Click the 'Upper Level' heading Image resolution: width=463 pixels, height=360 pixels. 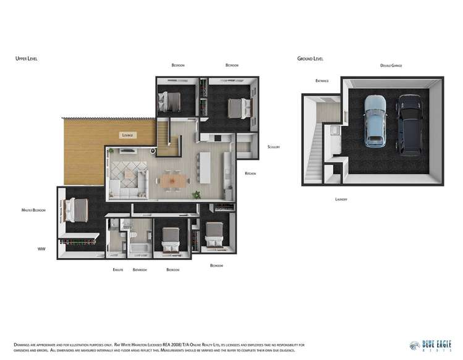(x=27, y=59)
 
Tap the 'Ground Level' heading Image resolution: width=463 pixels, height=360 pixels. (x=310, y=59)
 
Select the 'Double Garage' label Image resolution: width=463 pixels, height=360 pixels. (x=391, y=65)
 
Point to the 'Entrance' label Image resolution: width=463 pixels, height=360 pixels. (x=321, y=81)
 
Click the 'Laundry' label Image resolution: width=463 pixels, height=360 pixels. (x=341, y=199)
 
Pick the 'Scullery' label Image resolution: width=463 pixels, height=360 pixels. (x=274, y=147)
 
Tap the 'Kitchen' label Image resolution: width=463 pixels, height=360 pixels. (x=250, y=174)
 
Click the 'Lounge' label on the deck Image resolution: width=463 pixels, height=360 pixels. (x=128, y=135)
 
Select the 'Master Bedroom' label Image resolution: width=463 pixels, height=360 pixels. (x=33, y=211)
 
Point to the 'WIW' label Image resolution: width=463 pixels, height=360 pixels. (x=41, y=249)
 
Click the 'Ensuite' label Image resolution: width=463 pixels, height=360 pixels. (x=118, y=270)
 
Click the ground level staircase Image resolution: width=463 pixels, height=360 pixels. (x=316, y=149)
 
